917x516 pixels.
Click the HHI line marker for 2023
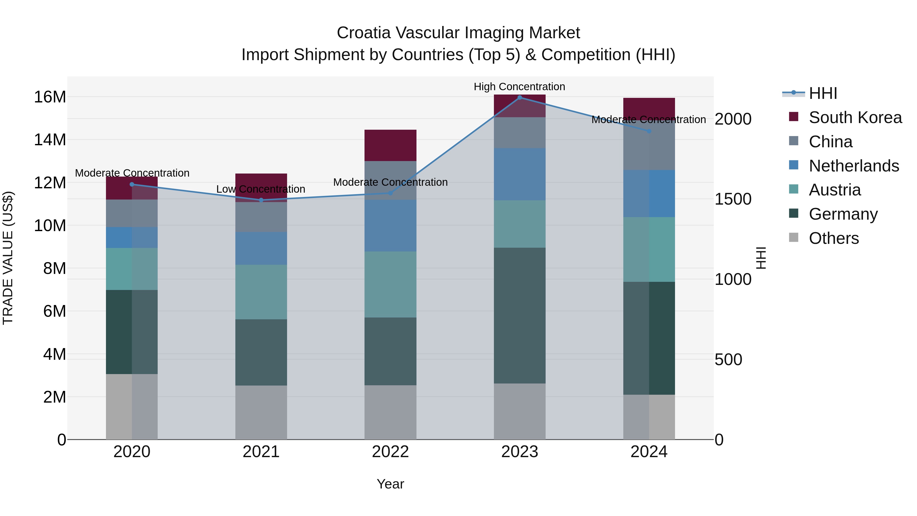(519, 98)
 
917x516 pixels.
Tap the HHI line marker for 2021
(261, 200)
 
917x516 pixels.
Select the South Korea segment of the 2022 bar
(390, 145)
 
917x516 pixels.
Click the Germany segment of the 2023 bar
(519, 315)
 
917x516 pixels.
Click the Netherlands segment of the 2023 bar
(519, 174)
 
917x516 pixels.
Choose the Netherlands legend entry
(854, 166)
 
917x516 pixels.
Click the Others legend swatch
(793, 237)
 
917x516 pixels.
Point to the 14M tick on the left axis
(50, 140)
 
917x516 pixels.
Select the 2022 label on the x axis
(390, 452)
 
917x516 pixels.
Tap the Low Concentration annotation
(261, 189)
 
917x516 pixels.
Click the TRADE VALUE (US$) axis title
(8, 258)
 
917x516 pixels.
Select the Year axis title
(390, 484)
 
